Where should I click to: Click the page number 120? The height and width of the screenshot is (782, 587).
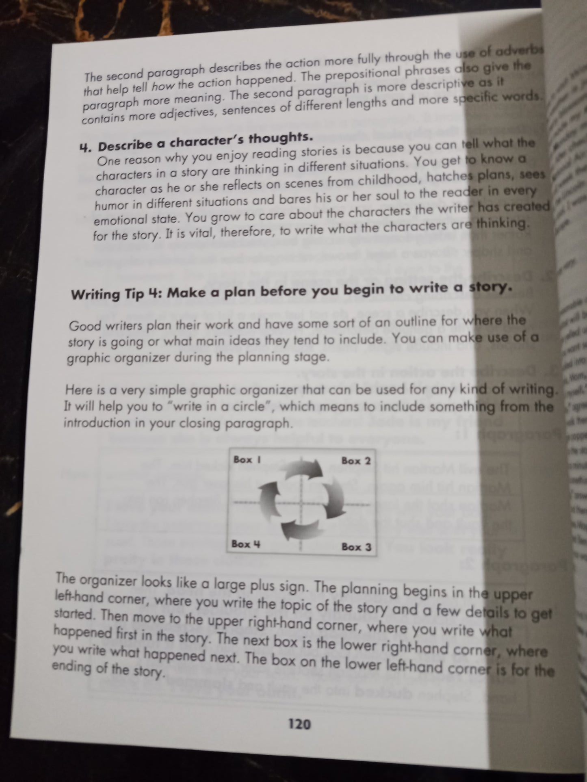299,724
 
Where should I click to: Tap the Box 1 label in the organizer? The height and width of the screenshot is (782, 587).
247,460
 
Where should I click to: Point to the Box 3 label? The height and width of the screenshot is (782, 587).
356,547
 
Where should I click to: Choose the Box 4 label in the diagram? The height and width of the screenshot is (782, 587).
245,544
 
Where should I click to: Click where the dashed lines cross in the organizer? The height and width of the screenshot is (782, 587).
301,503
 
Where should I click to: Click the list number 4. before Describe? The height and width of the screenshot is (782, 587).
86,147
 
